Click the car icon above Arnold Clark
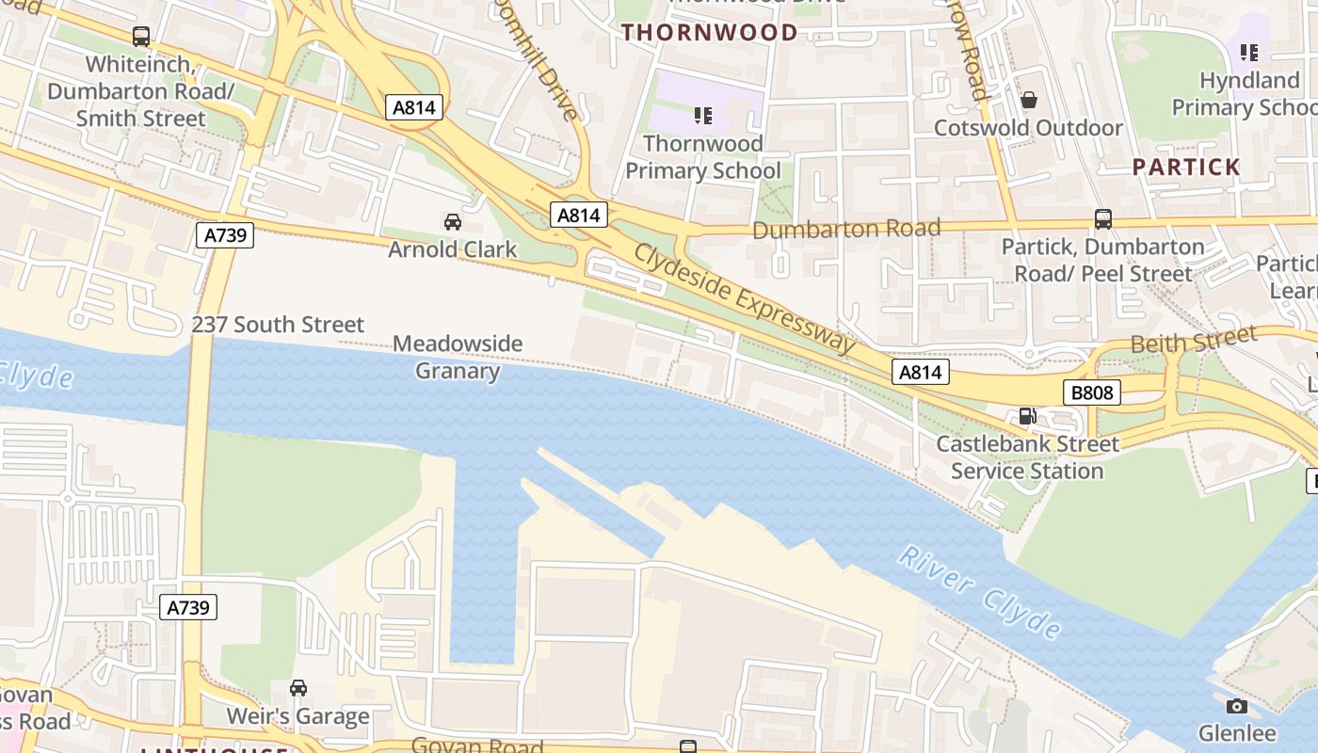(453, 222)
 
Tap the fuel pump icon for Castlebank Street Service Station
(1027, 416)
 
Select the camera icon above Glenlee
(1237, 706)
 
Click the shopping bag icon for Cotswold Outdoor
(1029, 100)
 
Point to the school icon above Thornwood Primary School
(702, 116)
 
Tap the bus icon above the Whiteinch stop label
(141, 37)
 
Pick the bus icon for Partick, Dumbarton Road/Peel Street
(1103, 219)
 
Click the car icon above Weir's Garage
(298, 688)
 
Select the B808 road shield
(1092, 392)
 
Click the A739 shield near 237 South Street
(226, 234)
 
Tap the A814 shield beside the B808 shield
(920, 372)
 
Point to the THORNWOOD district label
(709, 32)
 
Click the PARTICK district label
(1186, 168)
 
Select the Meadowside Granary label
(458, 357)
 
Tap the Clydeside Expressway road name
(744, 297)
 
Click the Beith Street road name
(1193, 340)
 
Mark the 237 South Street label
(278, 325)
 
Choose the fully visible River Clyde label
(979, 591)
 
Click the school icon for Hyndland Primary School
(1249, 53)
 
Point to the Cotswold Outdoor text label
(1028, 128)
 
